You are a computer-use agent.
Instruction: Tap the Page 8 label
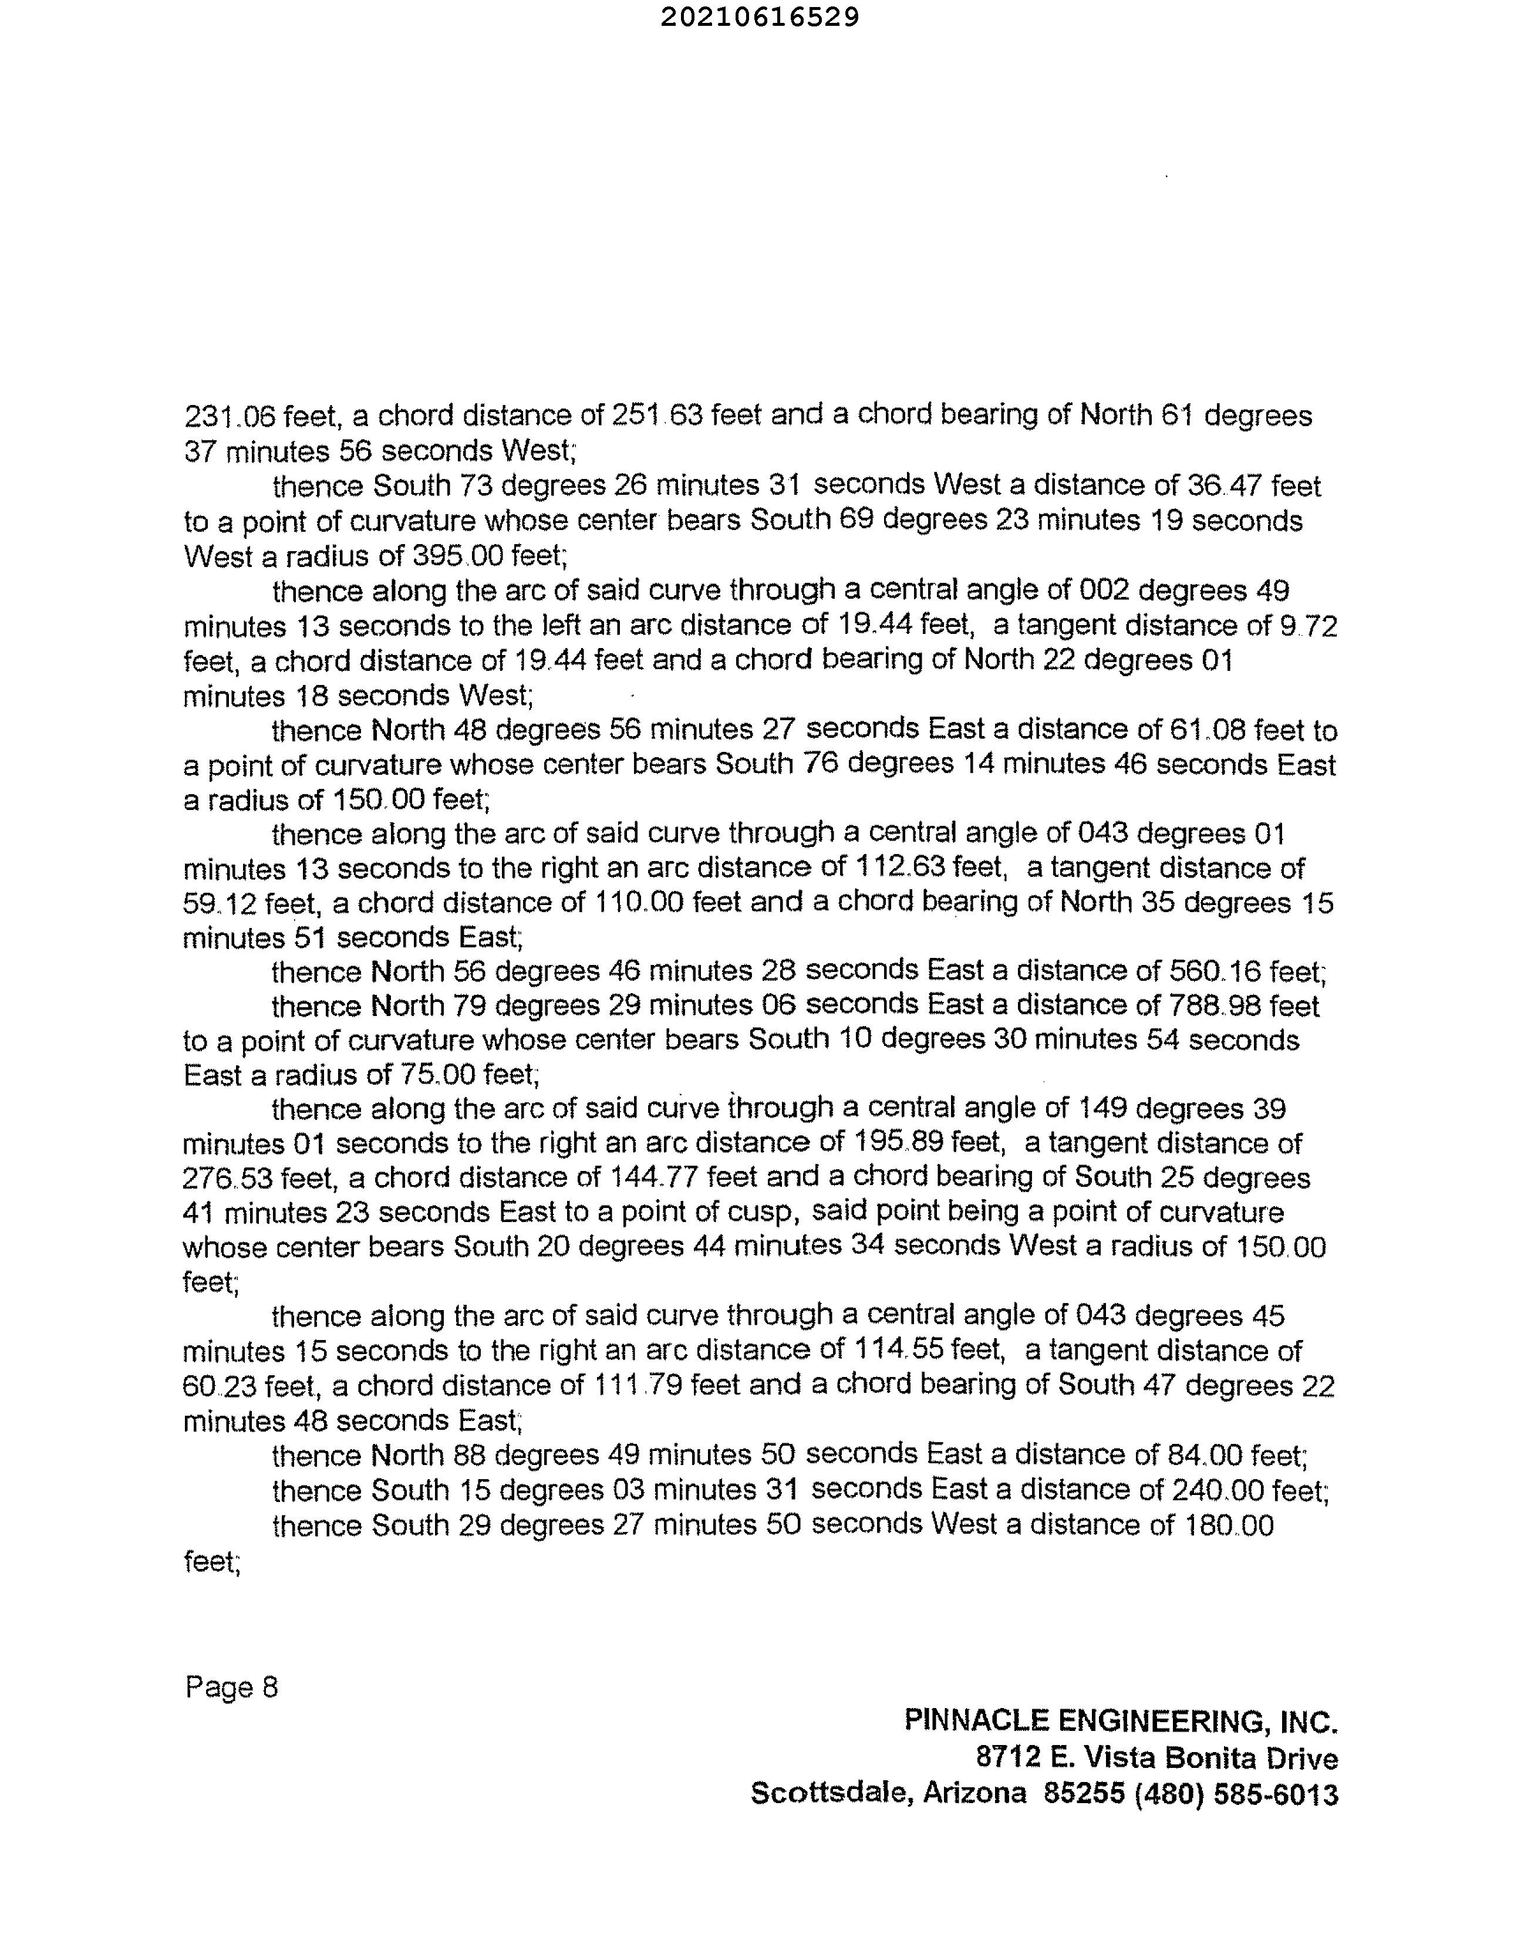coord(231,1688)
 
